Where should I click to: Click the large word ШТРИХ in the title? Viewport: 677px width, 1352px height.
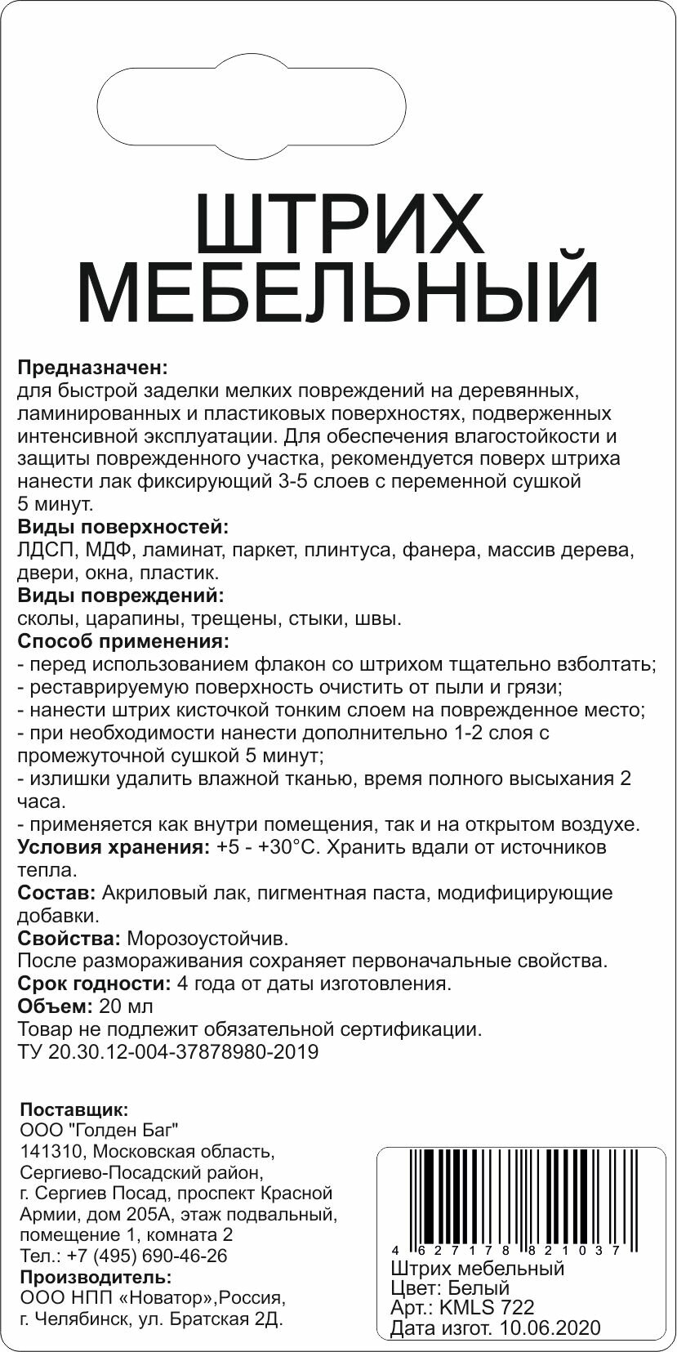340,224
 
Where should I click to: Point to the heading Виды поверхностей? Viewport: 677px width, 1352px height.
122,526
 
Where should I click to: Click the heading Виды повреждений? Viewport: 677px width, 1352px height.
120,595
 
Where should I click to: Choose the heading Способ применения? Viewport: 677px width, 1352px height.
123,640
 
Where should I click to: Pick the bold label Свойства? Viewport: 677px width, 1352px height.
69,938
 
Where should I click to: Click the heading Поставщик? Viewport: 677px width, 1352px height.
73,1110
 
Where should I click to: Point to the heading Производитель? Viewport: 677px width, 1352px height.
96,1277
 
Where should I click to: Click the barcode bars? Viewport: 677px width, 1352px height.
514,1196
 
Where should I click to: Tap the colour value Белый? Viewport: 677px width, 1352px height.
479,1288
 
